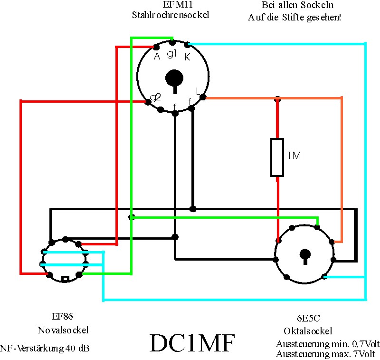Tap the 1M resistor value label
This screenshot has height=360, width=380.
(x=294, y=156)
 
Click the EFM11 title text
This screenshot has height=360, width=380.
(x=178, y=4)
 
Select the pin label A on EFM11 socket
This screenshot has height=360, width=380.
(x=157, y=56)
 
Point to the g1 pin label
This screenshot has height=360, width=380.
(x=171, y=54)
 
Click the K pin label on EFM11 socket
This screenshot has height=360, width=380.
(x=187, y=57)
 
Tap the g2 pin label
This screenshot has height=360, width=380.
(x=155, y=97)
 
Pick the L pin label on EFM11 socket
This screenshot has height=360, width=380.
(x=198, y=91)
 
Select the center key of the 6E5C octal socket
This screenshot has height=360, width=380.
(x=305, y=256)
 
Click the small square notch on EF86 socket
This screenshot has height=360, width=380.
(x=65, y=279)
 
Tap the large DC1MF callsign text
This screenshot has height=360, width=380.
(x=192, y=343)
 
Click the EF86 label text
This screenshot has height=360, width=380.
(x=62, y=316)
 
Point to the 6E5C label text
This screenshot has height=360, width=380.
(x=308, y=318)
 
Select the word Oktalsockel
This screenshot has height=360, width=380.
(x=308, y=331)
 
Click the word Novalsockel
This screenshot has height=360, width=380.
(x=63, y=330)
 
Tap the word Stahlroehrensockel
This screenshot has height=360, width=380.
(x=171, y=15)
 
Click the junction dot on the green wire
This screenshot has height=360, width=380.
(x=132, y=217)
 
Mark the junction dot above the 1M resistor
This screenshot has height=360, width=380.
(x=277, y=99)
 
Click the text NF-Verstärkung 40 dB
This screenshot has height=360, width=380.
(x=45, y=349)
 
